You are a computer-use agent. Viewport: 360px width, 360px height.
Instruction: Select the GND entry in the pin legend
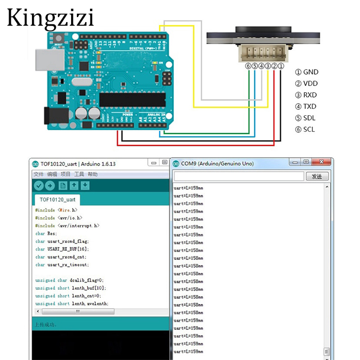(x=306, y=72)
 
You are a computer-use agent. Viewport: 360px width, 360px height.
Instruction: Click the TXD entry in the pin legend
(x=306, y=107)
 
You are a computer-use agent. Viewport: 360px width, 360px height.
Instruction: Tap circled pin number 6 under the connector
(x=248, y=66)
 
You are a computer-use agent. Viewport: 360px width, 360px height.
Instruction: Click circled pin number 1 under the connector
(x=281, y=66)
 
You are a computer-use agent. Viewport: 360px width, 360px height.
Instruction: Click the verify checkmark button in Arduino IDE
(x=39, y=186)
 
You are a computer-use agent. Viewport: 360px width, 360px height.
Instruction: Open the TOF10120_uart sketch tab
(x=57, y=199)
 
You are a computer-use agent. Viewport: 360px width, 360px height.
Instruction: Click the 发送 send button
(x=317, y=176)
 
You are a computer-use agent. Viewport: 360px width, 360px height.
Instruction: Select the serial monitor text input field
(x=238, y=176)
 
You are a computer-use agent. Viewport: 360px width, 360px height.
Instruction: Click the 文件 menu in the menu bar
(x=38, y=174)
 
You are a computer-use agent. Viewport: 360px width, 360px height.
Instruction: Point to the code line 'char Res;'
(x=46, y=234)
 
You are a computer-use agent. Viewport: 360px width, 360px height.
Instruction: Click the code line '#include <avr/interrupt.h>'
(x=67, y=226)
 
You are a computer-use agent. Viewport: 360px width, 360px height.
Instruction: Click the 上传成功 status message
(x=45, y=324)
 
